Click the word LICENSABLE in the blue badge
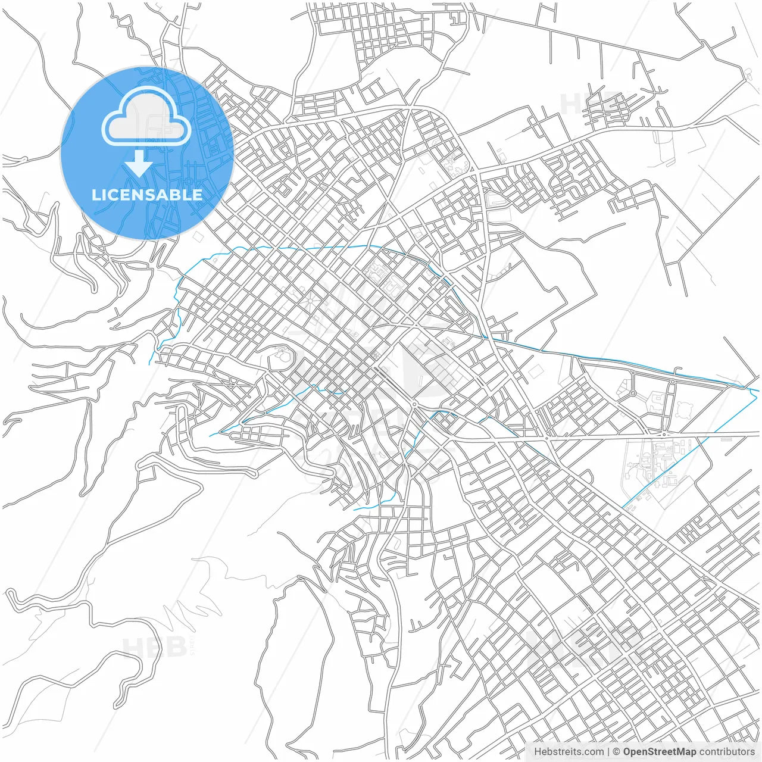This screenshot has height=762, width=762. click(x=146, y=195)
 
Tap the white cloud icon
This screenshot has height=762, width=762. click(x=146, y=117)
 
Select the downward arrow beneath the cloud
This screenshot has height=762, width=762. click(x=139, y=163)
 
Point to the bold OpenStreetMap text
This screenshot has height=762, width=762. click(x=660, y=752)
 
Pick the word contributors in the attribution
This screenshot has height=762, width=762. click(x=727, y=752)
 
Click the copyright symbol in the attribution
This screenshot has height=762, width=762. click(x=617, y=752)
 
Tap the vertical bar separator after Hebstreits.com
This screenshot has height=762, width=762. click(x=608, y=752)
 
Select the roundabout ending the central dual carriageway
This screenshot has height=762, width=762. click(x=414, y=404)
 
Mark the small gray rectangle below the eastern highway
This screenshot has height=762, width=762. click(x=726, y=439)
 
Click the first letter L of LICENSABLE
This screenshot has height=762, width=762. click(x=95, y=195)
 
